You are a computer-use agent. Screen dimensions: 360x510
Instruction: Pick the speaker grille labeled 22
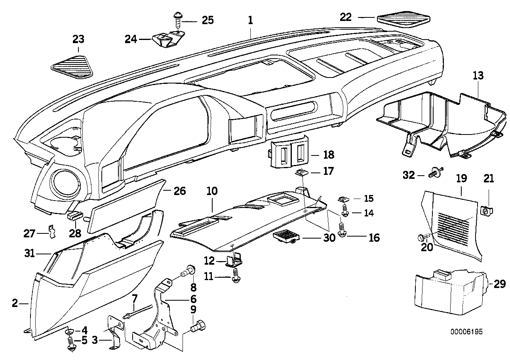(x=404, y=19)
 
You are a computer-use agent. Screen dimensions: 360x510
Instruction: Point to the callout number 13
(x=478, y=76)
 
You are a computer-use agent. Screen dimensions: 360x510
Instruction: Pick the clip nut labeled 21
(x=486, y=211)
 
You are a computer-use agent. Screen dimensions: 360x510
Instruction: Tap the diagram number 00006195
(x=466, y=332)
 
